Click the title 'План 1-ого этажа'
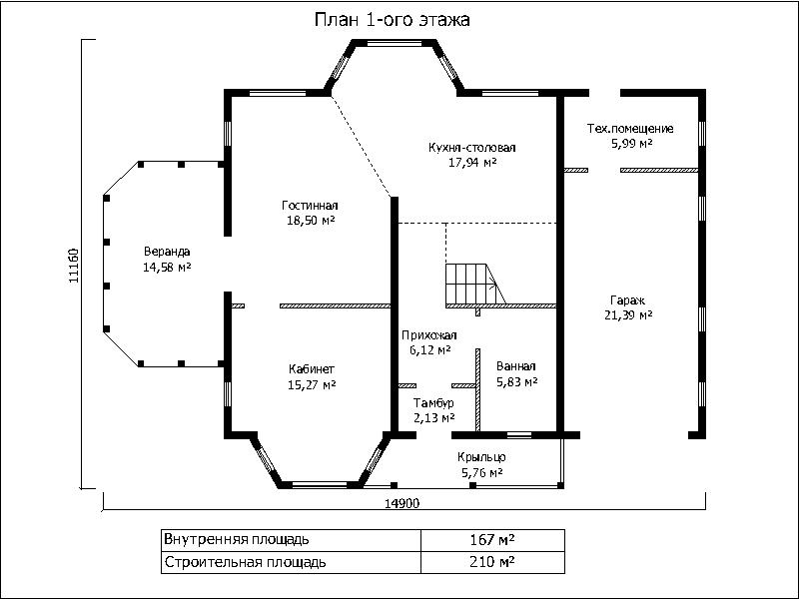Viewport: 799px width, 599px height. pyautogui.click(x=392, y=20)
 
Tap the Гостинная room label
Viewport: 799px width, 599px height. pyautogui.click(x=310, y=206)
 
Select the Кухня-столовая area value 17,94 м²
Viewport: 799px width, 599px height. pyautogui.click(x=472, y=163)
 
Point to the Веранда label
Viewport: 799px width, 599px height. pyautogui.click(x=167, y=252)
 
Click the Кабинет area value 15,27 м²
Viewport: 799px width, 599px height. pyautogui.click(x=312, y=384)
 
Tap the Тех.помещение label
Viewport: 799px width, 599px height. pyautogui.click(x=630, y=129)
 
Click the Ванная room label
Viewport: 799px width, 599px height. pyautogui.click(x=515, y=366)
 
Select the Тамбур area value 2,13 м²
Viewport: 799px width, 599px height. pyautogui.click(x=434, y=418)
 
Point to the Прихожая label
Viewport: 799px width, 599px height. pyautogui.click(x=429, y=335)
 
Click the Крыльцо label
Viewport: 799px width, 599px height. pyautogui.click(x=481, y=457)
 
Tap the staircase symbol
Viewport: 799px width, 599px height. pyautogui.click(x=475, y=285)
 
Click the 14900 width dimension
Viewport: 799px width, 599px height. pyautogui.click(x=402, y=503)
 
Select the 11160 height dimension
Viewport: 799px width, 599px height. pyautogui.click(x=74, y=266)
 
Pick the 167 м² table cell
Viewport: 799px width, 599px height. pyautogui.click(x=492, y=539)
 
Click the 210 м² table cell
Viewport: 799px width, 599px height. pyautogui.click(x=492, y=562)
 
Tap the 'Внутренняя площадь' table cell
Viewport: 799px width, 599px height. pyautogui.click(x=292, y=539)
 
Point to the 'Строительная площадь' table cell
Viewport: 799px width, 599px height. pyautogui.click(x=292, y=562)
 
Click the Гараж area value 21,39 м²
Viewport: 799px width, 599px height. pyautogui.click(x=628, y=315)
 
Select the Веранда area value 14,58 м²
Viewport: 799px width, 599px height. pyautogui.click(x=167, y=267)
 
